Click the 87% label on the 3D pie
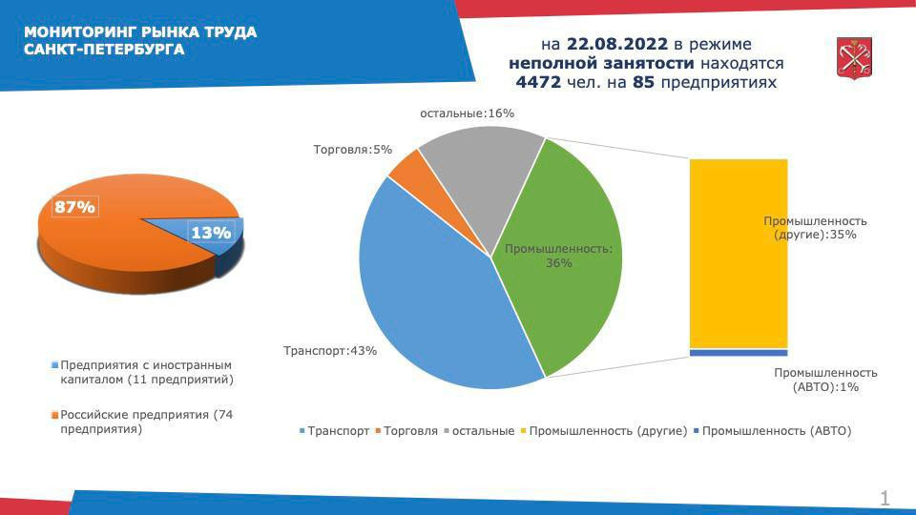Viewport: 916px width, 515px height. pyautogui.click(x=74, y=207)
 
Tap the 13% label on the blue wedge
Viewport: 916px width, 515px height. pyautogui.click(x=211, y=233)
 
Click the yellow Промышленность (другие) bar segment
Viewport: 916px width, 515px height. pyautogui.click(x=739, y=254)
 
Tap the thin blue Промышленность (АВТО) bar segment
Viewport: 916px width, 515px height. pyautogui.click(x=739, y=353)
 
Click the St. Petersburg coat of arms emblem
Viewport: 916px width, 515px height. pyautogui.click(x=854, y=58)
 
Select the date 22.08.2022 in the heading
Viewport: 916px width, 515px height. pyautogui.click(x=617, y=45)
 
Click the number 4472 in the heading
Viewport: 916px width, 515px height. pyautogui.click(x=538, y=82)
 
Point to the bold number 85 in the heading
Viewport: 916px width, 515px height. pyautogui.click(x=643, y=82)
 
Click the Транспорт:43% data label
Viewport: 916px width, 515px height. pyautogui.click(x=330, y=351)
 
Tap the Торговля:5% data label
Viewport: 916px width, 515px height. pyautogui.click(x=353, y=150)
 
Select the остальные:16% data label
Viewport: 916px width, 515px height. pyautogui.click(x=468, y=113)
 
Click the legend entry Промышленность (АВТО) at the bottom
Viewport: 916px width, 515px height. pyautogui.click(x=772, y=431)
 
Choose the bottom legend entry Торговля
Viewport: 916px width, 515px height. pyautogui.click(x=406, y=431)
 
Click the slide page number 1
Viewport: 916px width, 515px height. pyautogui.click(x=885, y=498)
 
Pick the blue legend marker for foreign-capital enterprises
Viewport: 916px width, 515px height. pyautogui.click(x=55, y=365)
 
